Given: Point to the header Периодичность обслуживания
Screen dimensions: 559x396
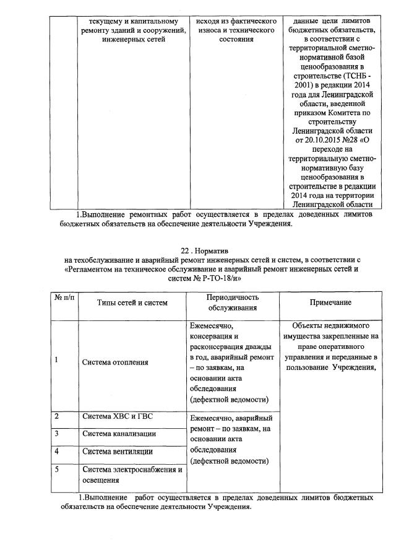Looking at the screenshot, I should coord(233,302).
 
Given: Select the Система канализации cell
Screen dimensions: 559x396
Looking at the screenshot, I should coord(119,433).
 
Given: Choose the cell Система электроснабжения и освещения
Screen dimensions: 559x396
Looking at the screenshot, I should coord(132,475).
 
